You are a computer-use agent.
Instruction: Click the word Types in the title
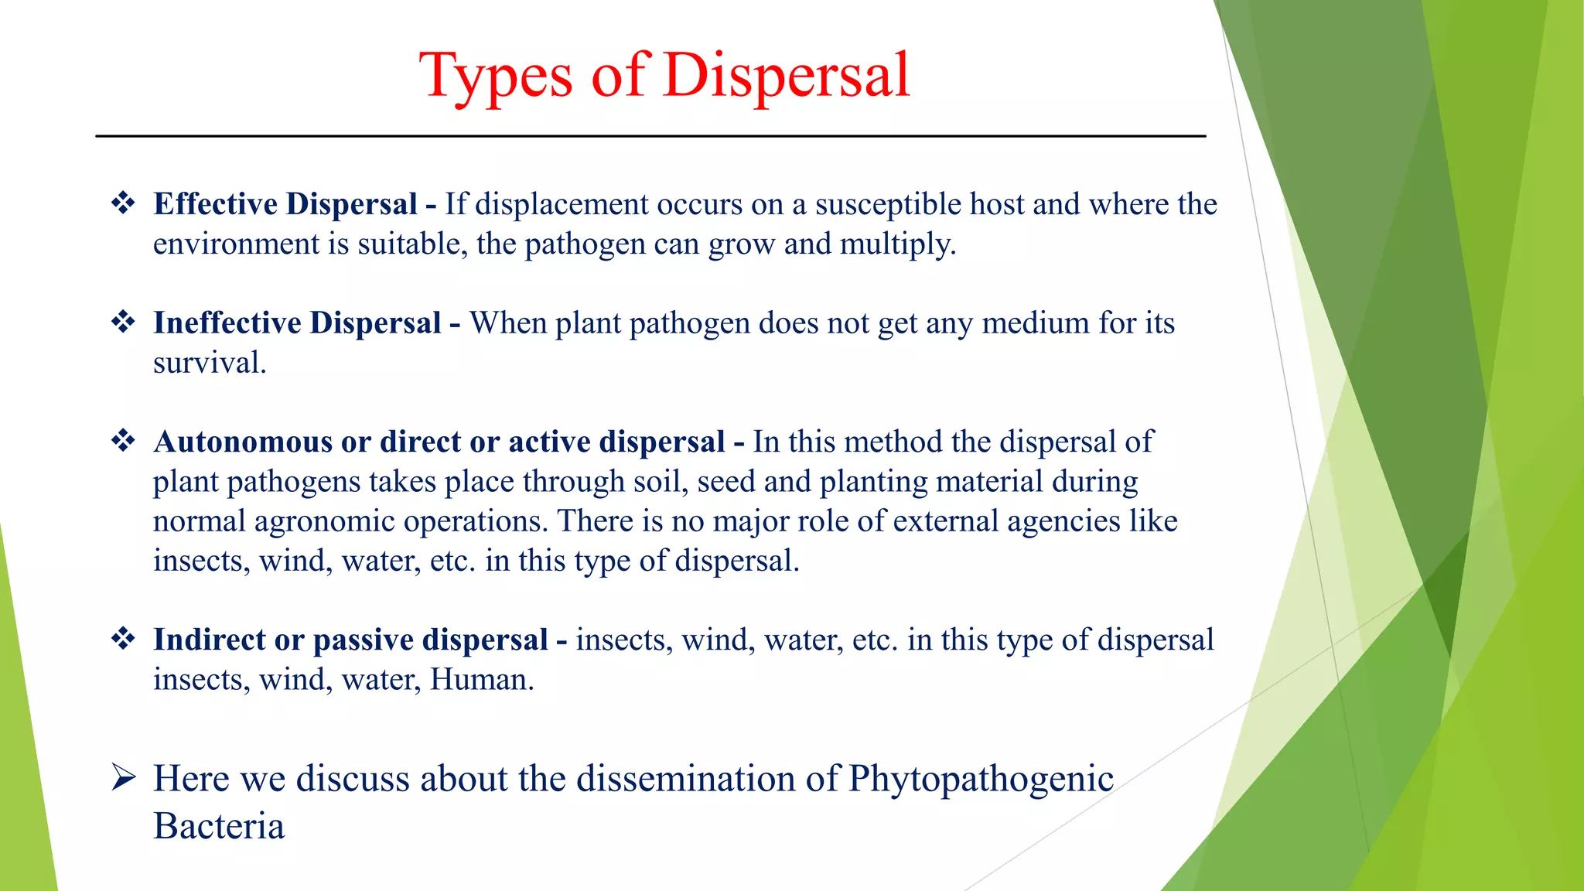(x=495, y=76)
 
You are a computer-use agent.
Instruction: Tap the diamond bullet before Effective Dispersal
(x=123, y=203)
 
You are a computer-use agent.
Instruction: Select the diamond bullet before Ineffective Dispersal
(x=123, y=322)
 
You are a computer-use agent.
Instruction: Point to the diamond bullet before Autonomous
(x=123, y=441)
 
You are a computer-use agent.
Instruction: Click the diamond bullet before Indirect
(x=123, y=639)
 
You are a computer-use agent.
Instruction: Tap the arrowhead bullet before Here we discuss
(x=124, y=777)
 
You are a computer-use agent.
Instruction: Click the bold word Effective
(x=214, y=204)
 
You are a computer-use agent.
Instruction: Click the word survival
(x=209, y=363)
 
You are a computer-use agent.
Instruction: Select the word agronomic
(x=324, y=521)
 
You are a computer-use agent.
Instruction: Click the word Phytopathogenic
(x=981, y=779)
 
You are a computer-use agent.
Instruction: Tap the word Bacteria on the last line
(x=219, y=826)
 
